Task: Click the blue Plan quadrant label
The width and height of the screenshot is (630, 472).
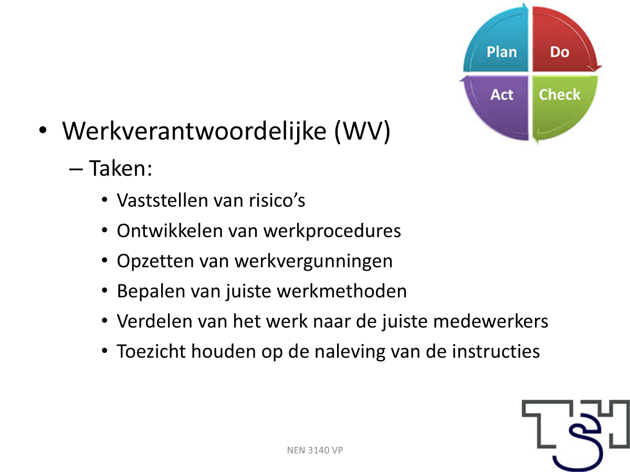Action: coord(502,52)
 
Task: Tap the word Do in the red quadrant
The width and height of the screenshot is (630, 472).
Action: coord(560,52)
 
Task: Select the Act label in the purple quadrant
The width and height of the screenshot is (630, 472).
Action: coord(502,94)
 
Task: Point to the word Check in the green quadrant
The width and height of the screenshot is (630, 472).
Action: coord(560,94)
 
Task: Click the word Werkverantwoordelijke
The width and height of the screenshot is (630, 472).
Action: coord(194,132)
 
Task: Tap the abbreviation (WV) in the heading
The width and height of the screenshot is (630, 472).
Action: coord(362,132)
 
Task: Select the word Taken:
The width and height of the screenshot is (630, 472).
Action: coord(121,168)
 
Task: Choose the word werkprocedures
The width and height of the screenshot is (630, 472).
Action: coord(332,231)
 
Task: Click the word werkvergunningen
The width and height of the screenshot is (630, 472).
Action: coord(314,261)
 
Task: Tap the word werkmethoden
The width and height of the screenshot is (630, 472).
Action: coord(342,291)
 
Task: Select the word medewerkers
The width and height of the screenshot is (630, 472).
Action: coord(491,321)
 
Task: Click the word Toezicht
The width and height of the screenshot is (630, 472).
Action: coord(151,351)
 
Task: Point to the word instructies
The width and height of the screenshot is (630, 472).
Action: coord(496,351)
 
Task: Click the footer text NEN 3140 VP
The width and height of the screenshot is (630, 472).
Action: coord(315,450)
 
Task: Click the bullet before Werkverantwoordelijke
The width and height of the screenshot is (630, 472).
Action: coord(43,130)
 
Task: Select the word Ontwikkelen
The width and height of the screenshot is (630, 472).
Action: coord(170,230)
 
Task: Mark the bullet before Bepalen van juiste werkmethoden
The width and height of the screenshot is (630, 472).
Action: coord(104,291)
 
